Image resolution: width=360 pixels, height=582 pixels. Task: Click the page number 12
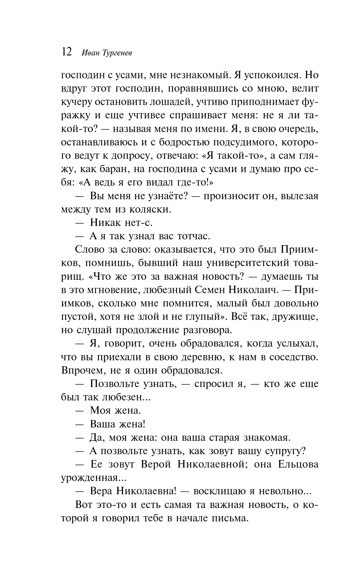(x=66, y=51)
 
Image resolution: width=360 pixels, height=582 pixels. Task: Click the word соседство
(x=290, y=357)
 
